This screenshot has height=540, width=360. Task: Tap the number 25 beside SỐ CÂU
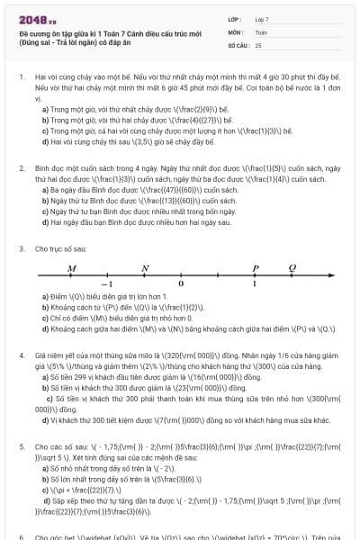258,44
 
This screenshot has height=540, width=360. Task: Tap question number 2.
21,168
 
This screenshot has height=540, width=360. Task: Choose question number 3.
21,247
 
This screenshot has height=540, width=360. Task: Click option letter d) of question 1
45,142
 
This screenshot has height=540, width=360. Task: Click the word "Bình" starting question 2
41,168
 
